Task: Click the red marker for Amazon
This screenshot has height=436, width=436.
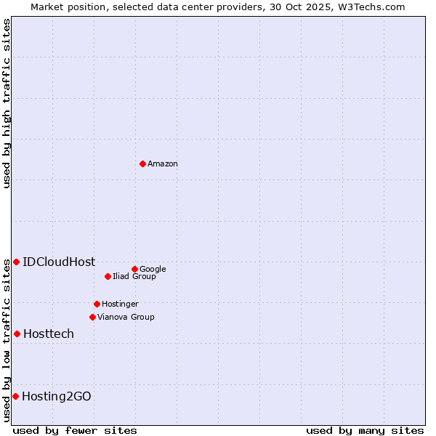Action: [x=142, y=163]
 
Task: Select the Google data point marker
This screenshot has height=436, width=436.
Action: [x=134, y=269]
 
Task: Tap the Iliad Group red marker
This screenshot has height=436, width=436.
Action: [x=108, y=276]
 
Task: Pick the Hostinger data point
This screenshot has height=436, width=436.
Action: [x=97, y=304]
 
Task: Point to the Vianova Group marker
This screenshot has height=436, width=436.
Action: [x=92, y=317]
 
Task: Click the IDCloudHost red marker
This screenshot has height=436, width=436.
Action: [x=16, y=262]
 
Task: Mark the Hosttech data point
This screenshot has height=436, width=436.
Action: [x=17, y=334]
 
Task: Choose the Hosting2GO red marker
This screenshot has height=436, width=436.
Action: [x=15, y=396]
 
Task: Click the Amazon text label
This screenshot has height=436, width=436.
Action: [x=162, y=164]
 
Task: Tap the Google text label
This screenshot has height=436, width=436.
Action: [x=153, y=270]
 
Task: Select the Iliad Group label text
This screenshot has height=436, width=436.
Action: [x=134, y=277]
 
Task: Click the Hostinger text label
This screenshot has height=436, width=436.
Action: [x=120, y=304]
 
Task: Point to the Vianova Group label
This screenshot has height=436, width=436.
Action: [x=126, y=318]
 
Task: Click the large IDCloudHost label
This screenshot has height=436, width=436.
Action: [x=59, y=262]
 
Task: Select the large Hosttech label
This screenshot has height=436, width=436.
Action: [x=49, y=334]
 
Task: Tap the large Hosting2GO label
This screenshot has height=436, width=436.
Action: [x=57, y=397]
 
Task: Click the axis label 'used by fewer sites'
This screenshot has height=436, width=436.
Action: [x=75, y=431]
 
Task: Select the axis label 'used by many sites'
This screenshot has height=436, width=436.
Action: [x=365, y=431]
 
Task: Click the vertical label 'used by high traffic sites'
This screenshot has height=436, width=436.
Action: [x=7, y=103]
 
